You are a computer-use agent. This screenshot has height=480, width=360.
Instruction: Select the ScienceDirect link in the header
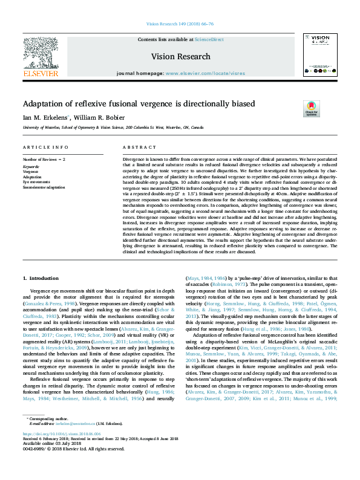coord(209,39)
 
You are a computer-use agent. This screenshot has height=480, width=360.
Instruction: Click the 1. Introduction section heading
coord(41,277)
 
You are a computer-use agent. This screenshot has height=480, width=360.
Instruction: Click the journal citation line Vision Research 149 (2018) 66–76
coord(180,25)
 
